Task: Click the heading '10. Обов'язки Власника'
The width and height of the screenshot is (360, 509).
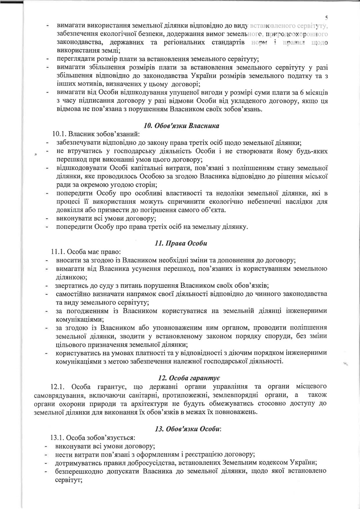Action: tap(181, 126)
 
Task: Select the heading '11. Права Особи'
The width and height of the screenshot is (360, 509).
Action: tap(181, 243)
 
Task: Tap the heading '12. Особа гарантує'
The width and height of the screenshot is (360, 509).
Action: tap(188, 378)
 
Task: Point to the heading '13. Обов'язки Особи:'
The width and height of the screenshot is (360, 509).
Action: tap(188, 429)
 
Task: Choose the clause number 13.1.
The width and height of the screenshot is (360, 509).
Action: tap(58, 437)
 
